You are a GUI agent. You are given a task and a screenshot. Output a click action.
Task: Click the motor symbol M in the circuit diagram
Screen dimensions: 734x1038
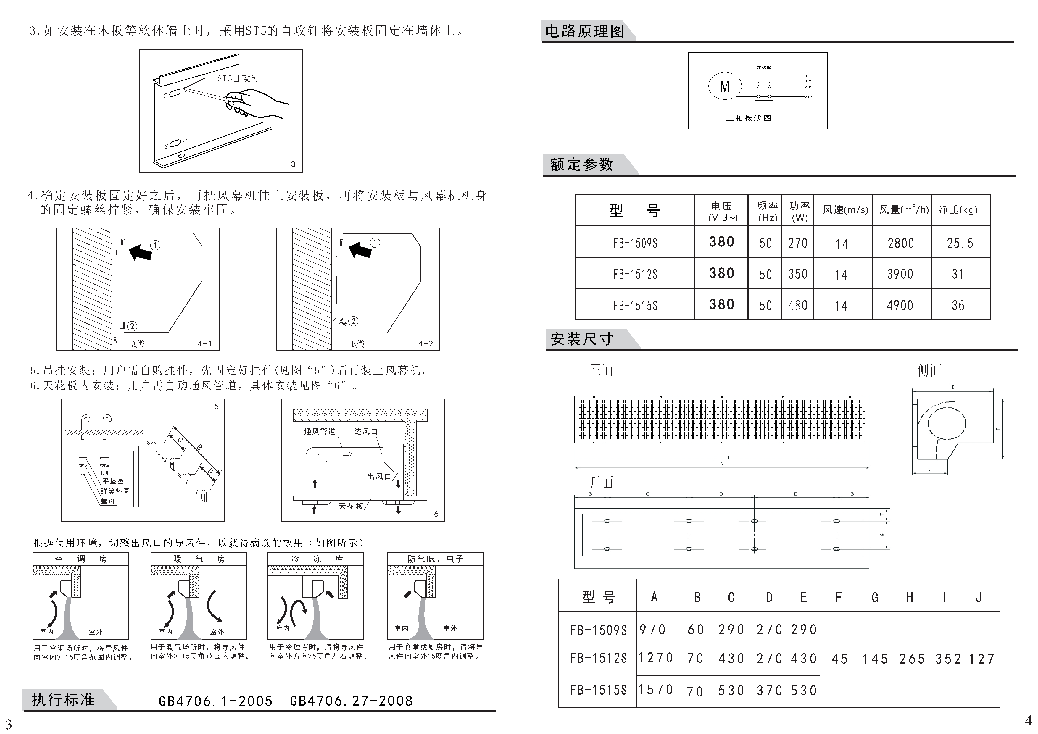coord(725,86)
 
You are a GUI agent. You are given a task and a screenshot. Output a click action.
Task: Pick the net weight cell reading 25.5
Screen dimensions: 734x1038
coord(960,243)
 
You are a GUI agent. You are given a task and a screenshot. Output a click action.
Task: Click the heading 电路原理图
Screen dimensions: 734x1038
coord(585,31)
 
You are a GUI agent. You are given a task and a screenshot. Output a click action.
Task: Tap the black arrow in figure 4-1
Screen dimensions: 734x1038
coord(140,252)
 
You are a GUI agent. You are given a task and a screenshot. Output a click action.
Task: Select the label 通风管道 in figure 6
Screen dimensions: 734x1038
coord(320,431)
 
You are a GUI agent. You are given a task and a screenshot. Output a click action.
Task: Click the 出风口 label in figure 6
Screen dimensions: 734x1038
coord(378,476)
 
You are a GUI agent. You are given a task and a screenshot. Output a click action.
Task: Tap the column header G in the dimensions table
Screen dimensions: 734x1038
coord(874,598)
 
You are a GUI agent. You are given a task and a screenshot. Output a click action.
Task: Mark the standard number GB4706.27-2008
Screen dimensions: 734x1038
coord(351,701)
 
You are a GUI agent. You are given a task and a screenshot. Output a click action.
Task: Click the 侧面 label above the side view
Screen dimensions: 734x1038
coord(929,371)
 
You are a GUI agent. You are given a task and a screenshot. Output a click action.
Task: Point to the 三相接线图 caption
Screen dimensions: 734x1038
coord(748,118)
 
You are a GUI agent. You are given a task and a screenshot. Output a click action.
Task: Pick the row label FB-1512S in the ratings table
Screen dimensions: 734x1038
coord(635,274)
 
